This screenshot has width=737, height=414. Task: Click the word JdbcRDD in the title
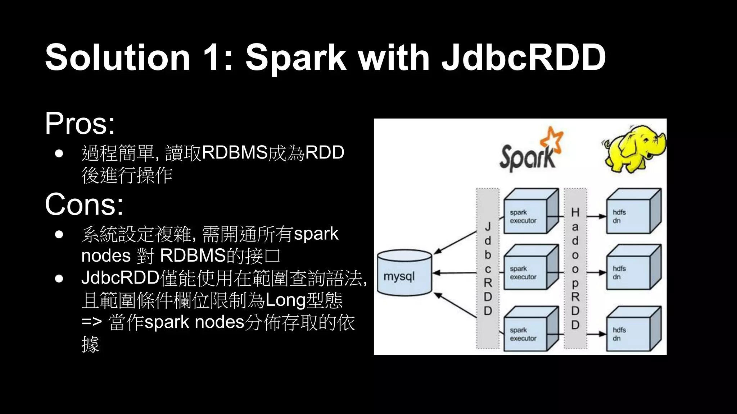pyautogui.click(x=524, y=57)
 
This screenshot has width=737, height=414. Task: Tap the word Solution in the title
pyautogui.click(x=118, y=57)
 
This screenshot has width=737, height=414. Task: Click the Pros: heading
pyautogui.click(x=80, y=124)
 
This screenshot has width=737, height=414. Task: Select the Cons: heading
pyautogui.click(x=84, y=204)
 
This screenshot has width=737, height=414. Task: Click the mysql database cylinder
pyautogui.click(x=404, y=273)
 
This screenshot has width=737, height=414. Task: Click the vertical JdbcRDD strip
pyautogui.click(x=488, y=268)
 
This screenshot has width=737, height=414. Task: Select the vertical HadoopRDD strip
pyautogui.click(x=575, y=268)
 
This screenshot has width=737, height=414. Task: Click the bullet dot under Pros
pyautogui.click(x=59, y=154)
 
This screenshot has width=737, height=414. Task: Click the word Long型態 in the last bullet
pyautogui.click(x=303, y=300)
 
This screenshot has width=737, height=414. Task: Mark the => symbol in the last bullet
pyautogui.click(x=91, y=322)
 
